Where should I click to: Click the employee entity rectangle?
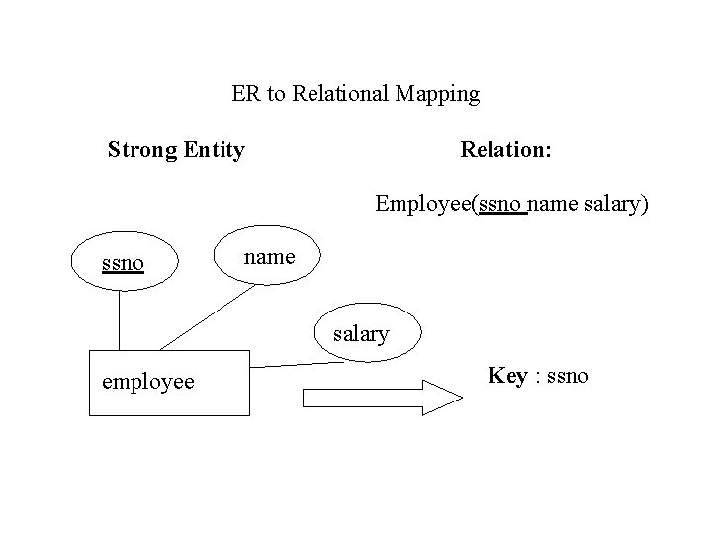[169, 382]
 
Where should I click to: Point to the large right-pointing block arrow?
[382, 398]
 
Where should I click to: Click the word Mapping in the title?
[436, 95]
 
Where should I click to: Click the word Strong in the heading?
[142, 150]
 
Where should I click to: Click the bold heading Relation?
[506, 150]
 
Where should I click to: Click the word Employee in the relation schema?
[423, 205]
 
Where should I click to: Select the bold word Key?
[507, 376]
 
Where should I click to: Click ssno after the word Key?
[567, 376]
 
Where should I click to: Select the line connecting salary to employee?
[297, 365]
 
